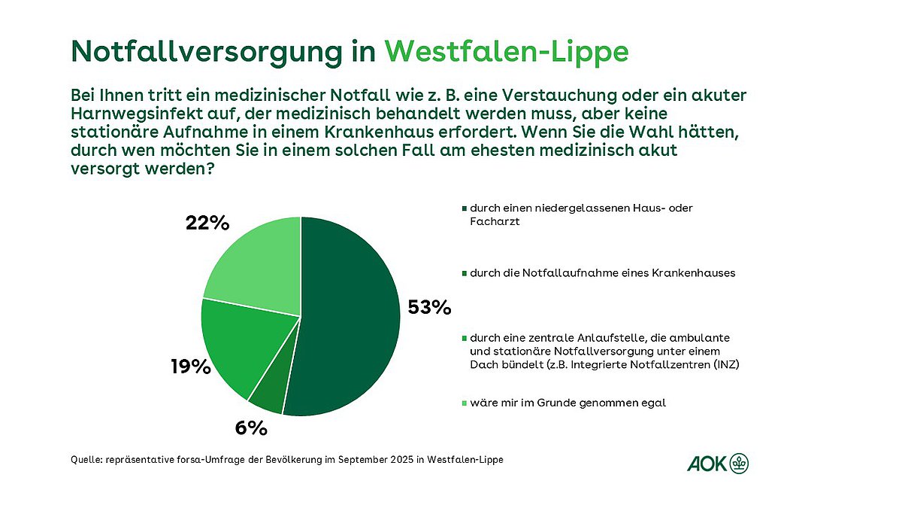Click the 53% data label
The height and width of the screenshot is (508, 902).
(x=428, y=307)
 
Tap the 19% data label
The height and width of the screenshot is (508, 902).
(x=189, y=367)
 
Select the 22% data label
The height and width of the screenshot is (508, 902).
(x=207, y=224)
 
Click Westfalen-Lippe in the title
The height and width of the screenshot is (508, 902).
(x=506, y=51)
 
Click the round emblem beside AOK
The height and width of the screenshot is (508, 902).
(x=740, y=464)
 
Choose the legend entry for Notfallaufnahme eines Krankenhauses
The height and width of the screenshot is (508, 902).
(x=601, y=273)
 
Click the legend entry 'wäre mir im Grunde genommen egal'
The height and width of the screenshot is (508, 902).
(x=568, y=403)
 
